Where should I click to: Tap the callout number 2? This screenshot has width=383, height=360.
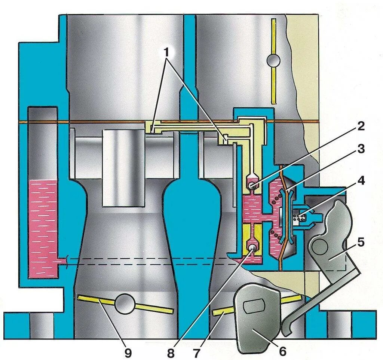pos(360,126)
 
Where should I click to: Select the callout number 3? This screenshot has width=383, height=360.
pos(360,149)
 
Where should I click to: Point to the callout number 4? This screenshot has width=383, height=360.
pos(360,181)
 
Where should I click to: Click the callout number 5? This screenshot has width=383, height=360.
pos(360,242)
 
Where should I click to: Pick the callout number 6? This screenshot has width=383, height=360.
pos(282,351)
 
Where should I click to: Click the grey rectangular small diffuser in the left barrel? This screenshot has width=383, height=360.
pos(123,168)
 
